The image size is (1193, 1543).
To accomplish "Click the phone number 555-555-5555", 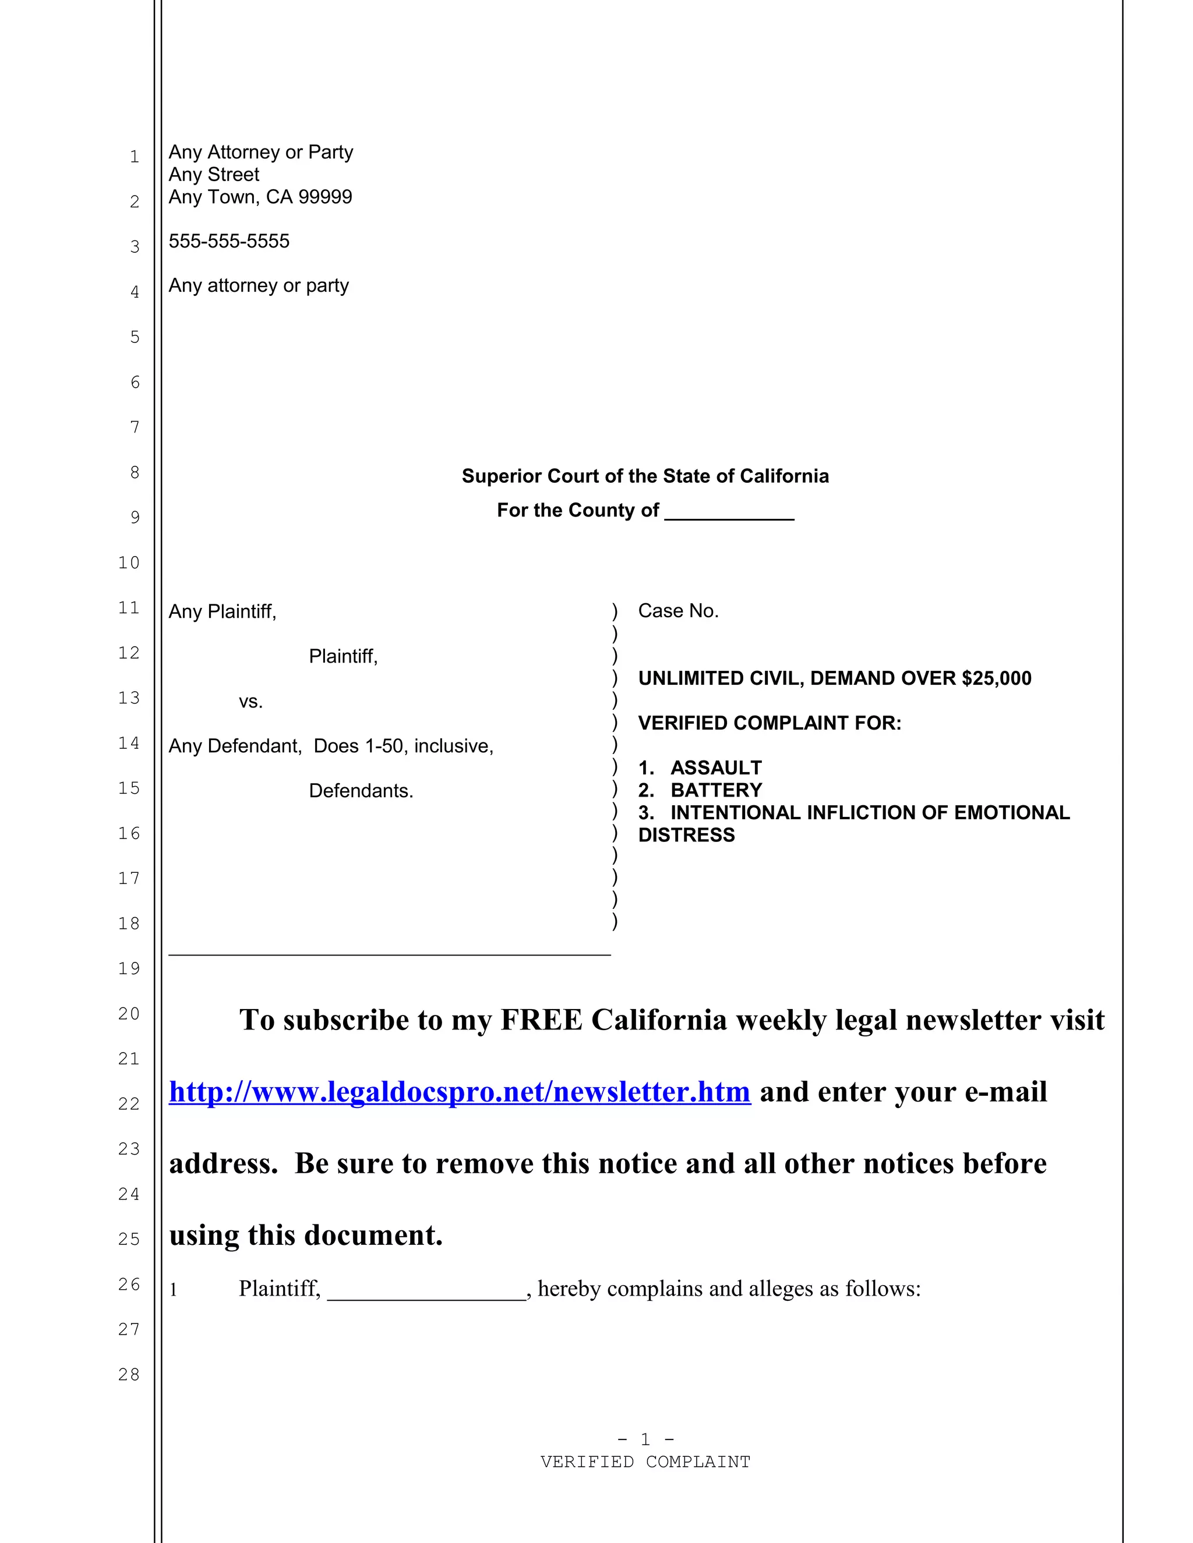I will point(229,242).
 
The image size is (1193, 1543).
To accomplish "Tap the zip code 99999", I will point(325,197).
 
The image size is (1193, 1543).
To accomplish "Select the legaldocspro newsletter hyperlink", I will point(460,1092).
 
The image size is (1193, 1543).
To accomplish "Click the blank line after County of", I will point(729,511).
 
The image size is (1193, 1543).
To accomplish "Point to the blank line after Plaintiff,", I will point(427,1290).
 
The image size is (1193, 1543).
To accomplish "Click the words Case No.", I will point(678,611).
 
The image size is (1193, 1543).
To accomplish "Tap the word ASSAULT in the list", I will point(716,768).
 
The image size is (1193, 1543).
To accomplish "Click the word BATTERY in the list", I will point(716,791).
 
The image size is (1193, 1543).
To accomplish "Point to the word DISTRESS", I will point(686,836).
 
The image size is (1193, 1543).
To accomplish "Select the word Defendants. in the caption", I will point(361,791).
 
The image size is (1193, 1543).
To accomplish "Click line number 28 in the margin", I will point(129,1375).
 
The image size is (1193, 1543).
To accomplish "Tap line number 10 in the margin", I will point(129,563).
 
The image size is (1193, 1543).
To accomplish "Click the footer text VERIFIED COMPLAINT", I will point(645,1461).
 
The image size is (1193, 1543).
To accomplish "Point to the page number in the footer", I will point(645,1439).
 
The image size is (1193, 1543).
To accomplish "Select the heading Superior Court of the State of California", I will point(645,476).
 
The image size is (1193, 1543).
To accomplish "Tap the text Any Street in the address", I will point(214,175).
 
